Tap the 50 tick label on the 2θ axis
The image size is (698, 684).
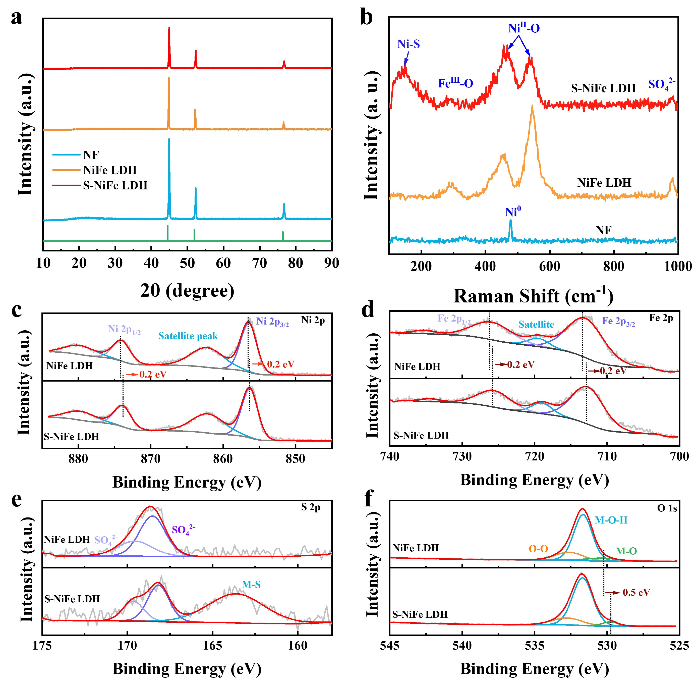coord(187,263)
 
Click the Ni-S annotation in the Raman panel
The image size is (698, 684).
coord(409,44)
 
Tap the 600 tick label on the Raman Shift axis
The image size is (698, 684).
coord(549,266)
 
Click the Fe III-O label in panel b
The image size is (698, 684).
coord(456,83)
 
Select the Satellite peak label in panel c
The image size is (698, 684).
coord(188,336)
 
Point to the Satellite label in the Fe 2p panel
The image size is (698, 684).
coord(536,324)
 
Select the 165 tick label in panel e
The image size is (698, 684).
coord(212,646)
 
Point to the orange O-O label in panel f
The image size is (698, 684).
coord(538,549)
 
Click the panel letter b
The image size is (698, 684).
coord(366,17)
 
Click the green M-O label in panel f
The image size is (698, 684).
coord(626,551)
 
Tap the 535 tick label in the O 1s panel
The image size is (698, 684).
coord(535,646)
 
